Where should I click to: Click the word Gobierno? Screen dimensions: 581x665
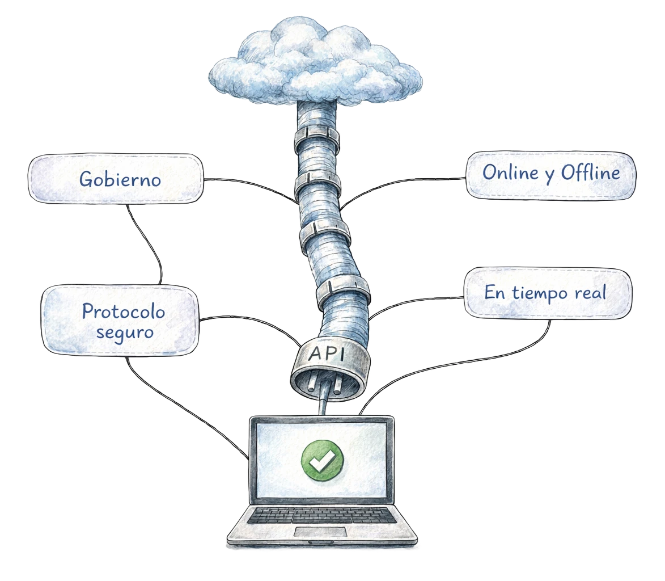(120, 179)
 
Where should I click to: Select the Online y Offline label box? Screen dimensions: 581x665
(550, 175)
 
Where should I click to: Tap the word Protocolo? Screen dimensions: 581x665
(123, 311)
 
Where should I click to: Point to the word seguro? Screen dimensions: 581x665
(125, 331)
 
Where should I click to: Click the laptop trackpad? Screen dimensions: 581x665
(321, 532)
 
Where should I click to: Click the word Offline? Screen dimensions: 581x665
(590, 173)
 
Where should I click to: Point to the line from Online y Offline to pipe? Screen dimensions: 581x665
(397, 183)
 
